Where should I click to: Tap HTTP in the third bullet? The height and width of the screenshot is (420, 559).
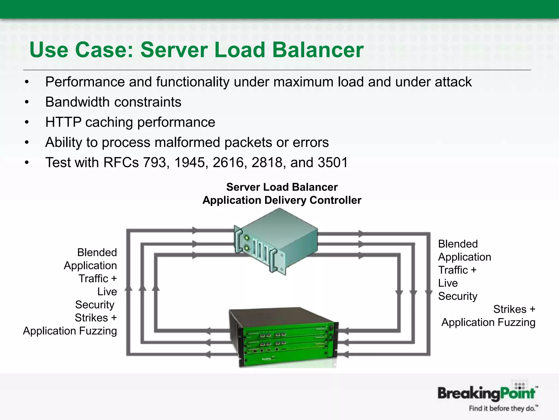63,122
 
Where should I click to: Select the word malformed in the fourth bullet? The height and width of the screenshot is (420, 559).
187,142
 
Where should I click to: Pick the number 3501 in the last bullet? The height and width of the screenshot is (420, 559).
333,162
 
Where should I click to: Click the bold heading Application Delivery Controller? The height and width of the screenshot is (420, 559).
282,200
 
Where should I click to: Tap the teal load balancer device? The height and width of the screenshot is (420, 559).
276,241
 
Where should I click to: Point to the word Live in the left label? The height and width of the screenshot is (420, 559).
107,291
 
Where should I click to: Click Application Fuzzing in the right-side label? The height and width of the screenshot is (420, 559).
488,322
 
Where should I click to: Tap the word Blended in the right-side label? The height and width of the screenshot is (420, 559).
458,244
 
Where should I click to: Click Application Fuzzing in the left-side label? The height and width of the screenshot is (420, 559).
70,331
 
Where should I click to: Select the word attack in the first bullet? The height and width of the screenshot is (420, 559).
453,82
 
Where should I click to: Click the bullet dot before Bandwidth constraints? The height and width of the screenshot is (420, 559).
26,102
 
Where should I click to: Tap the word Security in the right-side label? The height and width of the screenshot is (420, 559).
458,296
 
